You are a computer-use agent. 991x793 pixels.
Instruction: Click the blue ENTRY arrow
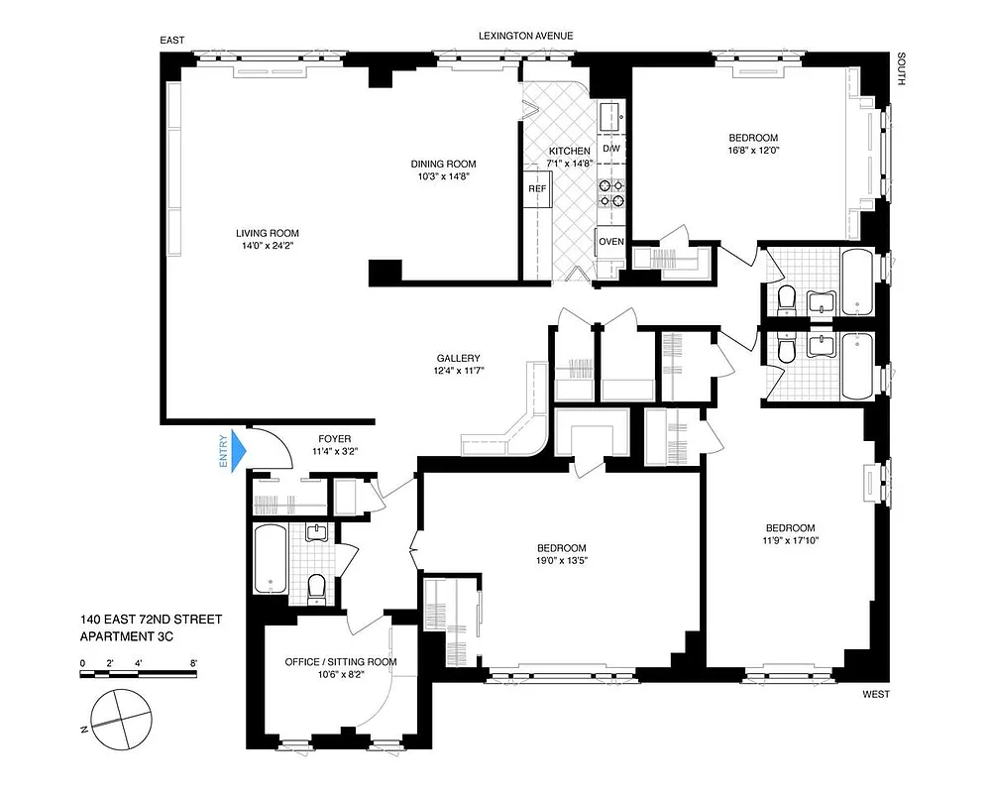point(237,451)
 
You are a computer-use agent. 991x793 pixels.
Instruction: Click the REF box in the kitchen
point(536,188)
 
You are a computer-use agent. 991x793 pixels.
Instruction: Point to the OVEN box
point(610,242)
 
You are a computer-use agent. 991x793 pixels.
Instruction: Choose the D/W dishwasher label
point(610,149)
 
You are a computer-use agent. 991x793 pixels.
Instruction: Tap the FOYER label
point(334,438)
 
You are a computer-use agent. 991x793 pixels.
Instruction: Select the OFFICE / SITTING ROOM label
point(340,661)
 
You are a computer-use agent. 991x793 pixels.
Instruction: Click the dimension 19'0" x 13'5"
point(561,561)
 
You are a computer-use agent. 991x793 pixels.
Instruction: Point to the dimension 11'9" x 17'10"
point(790,540)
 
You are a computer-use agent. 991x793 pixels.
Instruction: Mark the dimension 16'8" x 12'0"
point(753,152)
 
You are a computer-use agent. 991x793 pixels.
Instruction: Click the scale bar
point(139,674)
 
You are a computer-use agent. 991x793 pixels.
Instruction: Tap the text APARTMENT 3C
point(127,637)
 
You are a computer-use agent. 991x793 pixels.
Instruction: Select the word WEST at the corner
point(876,695)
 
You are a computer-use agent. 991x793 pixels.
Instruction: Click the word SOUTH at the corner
point(901,69)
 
